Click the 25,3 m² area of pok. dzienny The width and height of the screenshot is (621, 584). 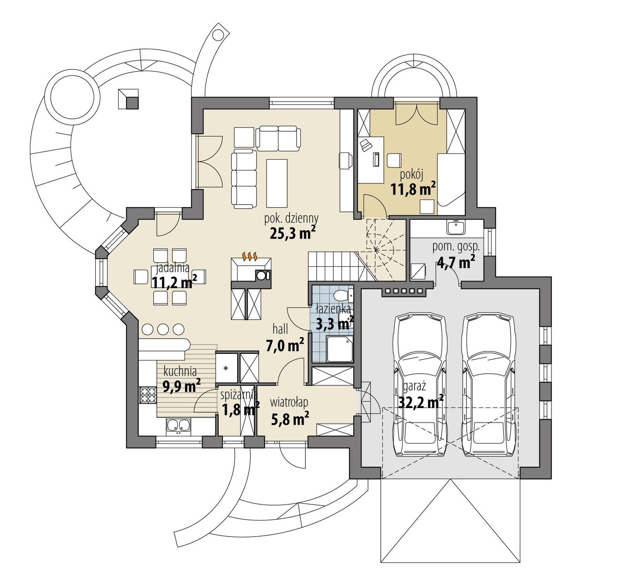coord(292,234)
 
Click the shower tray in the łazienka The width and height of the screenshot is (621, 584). coord(340,349)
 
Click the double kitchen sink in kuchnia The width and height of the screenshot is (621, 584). coord(178,426)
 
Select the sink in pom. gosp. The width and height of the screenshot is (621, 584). coord(456,227)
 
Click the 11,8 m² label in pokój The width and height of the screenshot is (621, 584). coord(413,190)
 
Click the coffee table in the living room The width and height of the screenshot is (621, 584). coord(277,183)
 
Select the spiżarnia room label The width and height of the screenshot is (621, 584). coord(238,395)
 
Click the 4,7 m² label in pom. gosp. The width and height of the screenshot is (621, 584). coord(456,263)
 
